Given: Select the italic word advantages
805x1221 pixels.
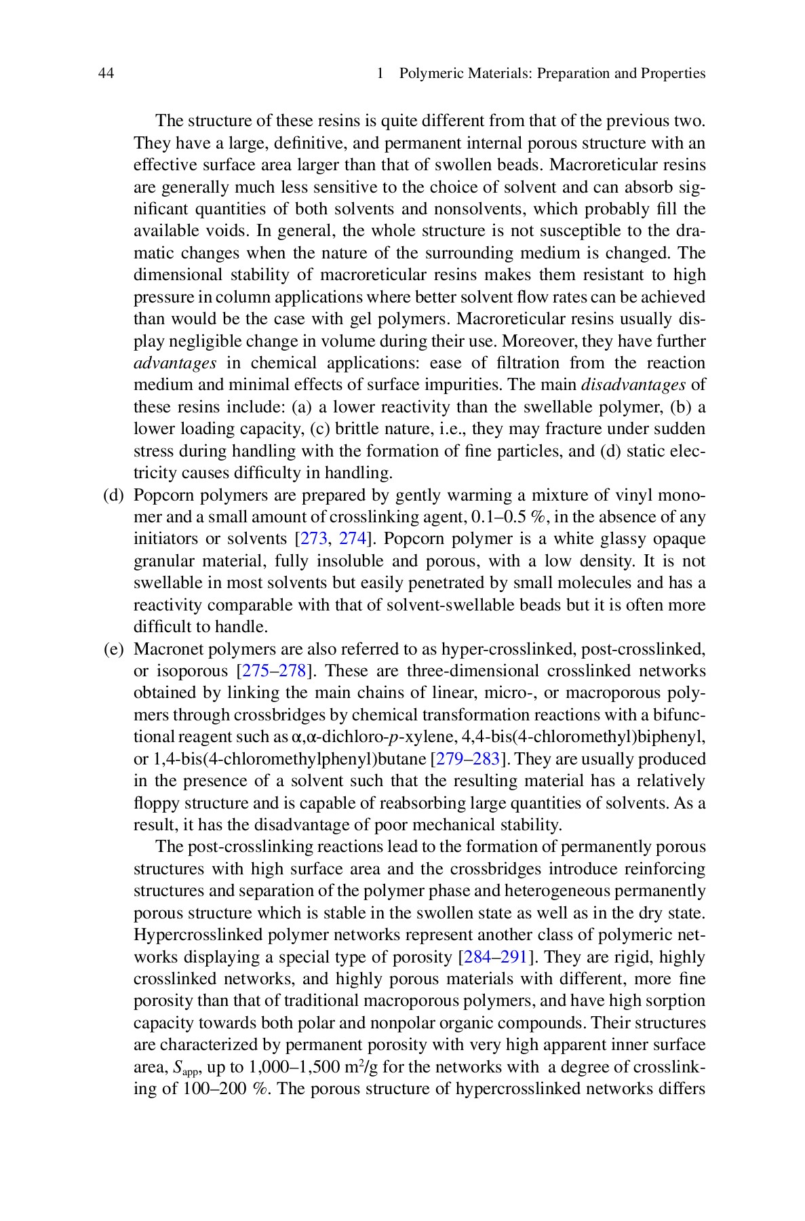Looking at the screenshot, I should (x=175, y=363).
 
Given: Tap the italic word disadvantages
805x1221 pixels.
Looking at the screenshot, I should (x=634, y=385).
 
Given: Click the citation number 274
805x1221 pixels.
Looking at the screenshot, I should (x=353, y=539).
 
